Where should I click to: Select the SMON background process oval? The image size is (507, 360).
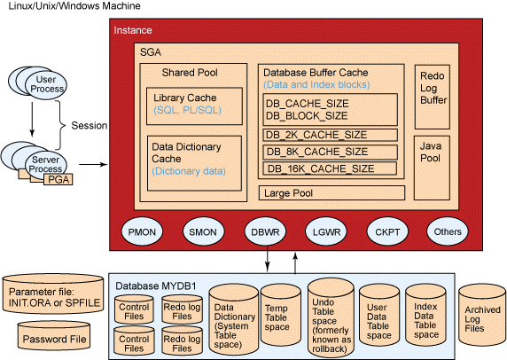pos(199,232)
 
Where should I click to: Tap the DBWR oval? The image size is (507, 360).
pos(264,232)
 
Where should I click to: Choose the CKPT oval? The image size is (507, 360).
pos(385,232)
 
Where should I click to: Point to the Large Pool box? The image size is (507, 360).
pos(332,192)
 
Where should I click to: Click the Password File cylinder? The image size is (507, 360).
pos(55,339)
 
